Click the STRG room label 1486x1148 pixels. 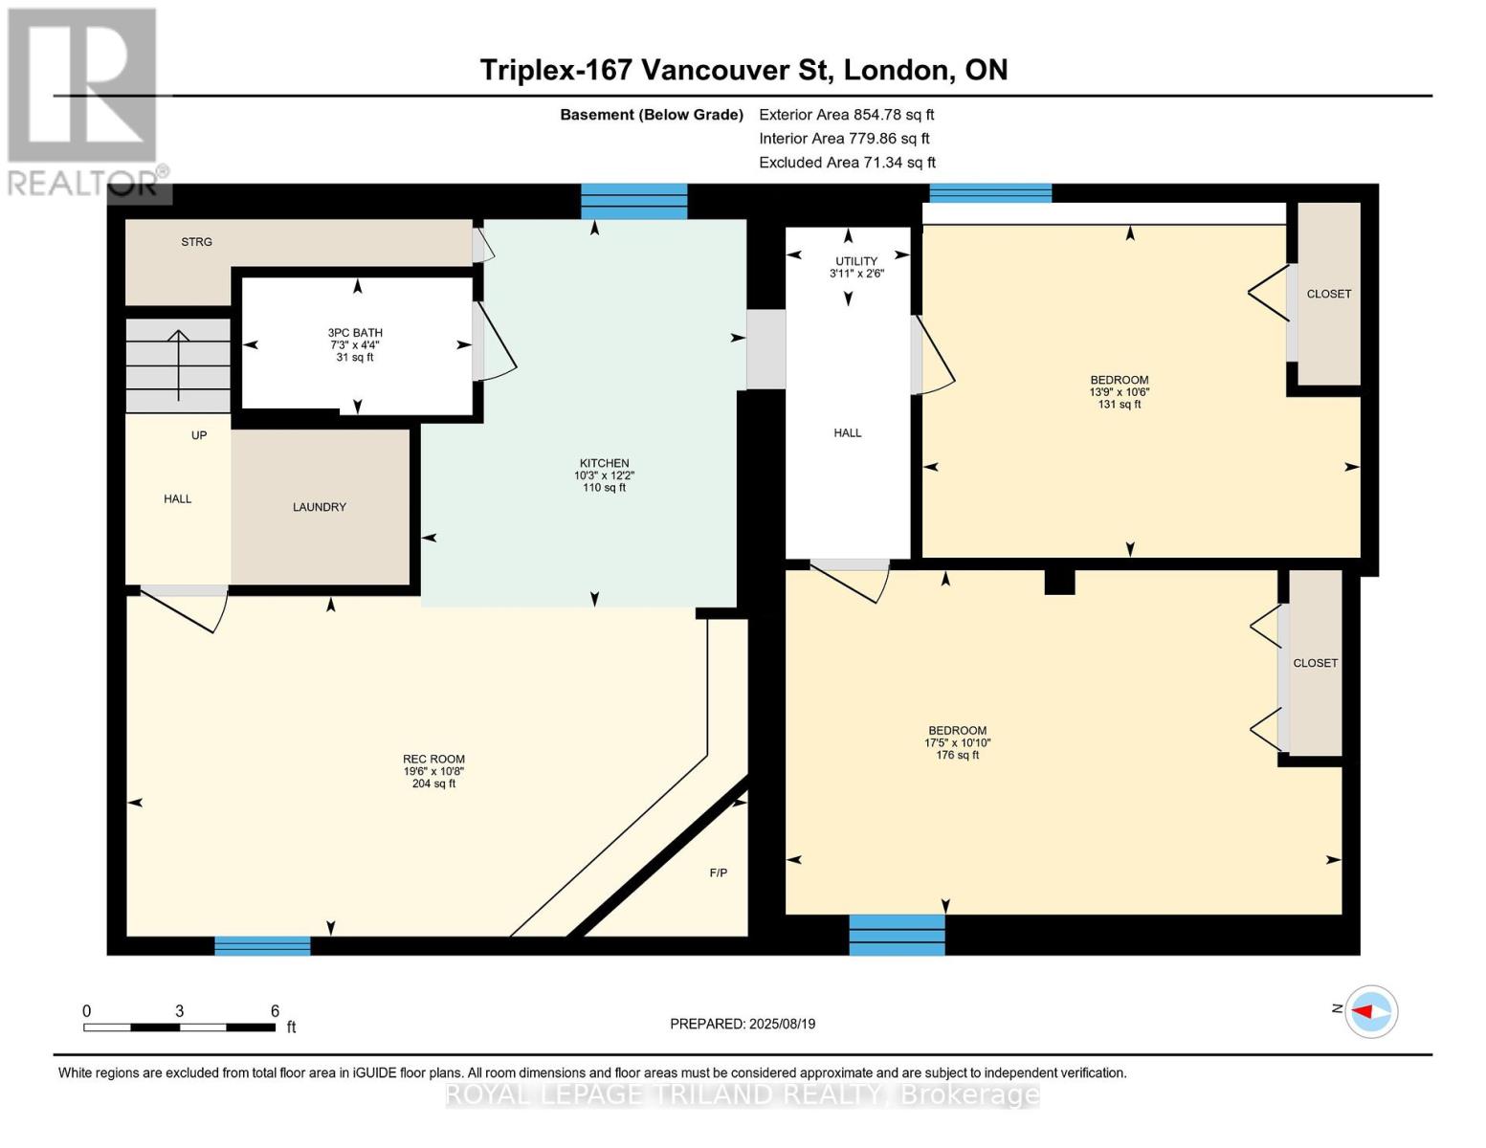[x=196, y=241]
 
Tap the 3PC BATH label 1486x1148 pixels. [x=355, y=332]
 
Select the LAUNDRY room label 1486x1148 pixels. [x=320, y=507]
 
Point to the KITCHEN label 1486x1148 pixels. [x=605, y=463]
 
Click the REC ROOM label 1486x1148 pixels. [x=433, y=759]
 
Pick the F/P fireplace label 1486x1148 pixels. [x=718, y=872]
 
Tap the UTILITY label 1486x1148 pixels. [x=856, y=261]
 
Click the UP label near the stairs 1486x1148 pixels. [x=199, y=435]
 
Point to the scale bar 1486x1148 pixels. [x=179, y=1027]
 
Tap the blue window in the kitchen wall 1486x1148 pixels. [x=634, y=201]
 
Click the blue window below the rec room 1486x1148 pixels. [x=262, y=945]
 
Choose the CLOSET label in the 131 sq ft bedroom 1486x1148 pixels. [x=1329, y=294]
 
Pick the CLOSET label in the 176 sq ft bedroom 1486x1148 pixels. [x=1315, y=663]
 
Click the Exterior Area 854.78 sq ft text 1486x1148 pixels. [x=847, y=115]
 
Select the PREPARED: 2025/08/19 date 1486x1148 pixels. [x=743, y=1024]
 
